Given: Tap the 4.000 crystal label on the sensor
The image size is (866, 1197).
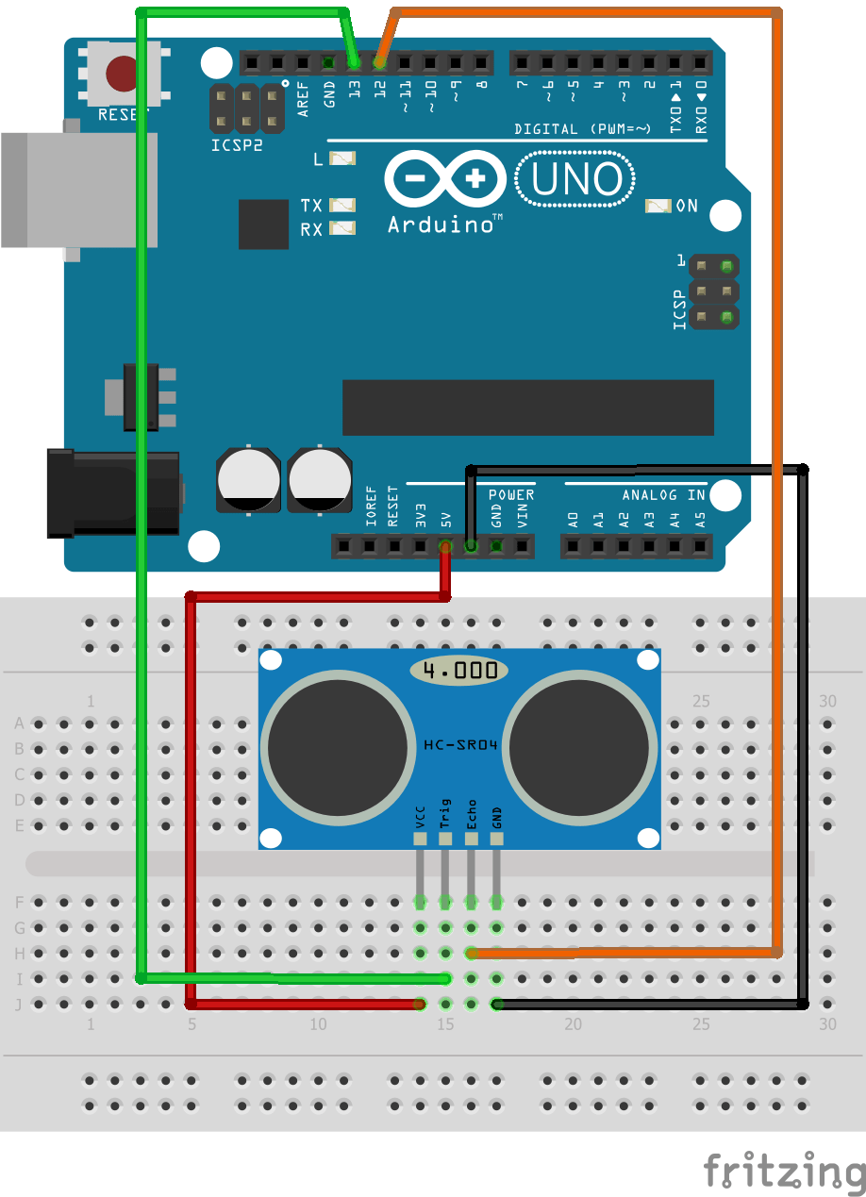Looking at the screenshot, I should click(459, 671).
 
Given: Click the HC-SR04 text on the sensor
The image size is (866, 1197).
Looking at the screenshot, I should click(459, 745).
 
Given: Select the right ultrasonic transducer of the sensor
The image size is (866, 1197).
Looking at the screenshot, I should click(580, 745).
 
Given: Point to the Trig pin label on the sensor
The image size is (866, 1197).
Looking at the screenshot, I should click(445, 813).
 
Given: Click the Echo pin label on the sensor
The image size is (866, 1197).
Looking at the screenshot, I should click(471, 813).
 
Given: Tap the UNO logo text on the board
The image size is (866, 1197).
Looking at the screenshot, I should click(576, 180).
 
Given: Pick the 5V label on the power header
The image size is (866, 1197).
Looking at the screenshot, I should click(446, 518).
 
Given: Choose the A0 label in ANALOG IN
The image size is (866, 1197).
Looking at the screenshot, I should click(573, 518).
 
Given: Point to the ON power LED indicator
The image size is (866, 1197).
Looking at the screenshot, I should click(658, 206).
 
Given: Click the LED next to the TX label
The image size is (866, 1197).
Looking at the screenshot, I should click(342, 205).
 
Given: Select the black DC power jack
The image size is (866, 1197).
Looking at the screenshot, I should click(113, 492).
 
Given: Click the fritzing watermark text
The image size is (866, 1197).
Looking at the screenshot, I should click(784, 1171).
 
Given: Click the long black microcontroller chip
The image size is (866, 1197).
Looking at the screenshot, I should click(527, 407).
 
